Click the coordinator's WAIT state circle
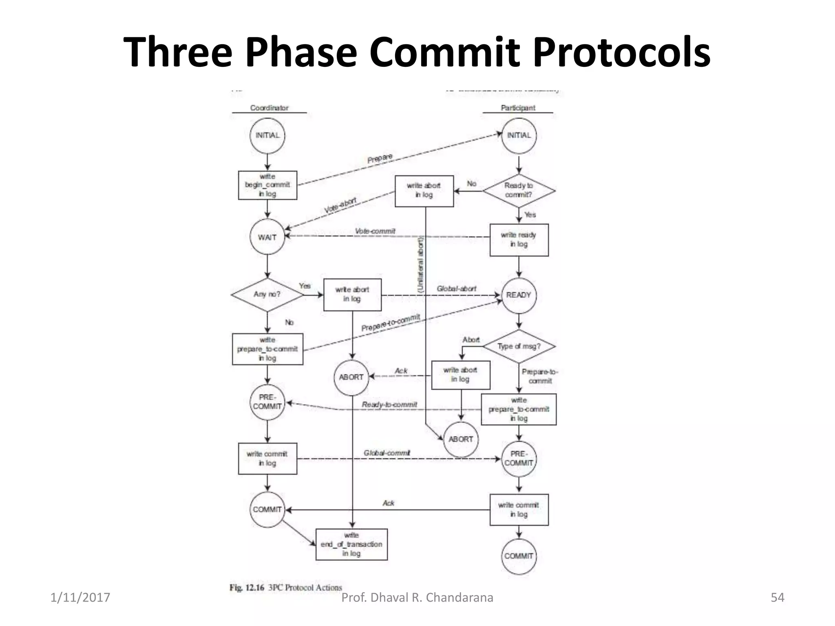point(267,237)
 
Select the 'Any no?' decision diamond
point(267,294)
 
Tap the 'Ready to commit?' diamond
point(519,190)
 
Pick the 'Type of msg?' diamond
point(519,346)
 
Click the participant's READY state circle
point(519,295)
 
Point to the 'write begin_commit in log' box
point(267,185)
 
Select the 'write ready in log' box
point(519,240)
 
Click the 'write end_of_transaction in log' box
point(351,544)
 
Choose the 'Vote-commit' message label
point(375,231)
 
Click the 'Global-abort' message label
point(456,289)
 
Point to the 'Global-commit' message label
point(387,453)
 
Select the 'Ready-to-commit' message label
point(389,404)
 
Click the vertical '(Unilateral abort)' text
point(421,265)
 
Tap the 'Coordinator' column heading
point(269,108)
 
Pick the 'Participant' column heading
point(518,108)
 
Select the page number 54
point(777,597)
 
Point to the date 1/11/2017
point(80,597)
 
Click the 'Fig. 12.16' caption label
point(247,587)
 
